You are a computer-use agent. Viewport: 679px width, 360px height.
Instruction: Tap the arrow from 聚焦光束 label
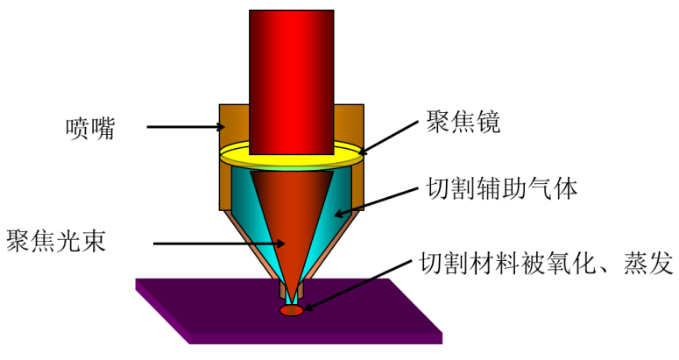219,243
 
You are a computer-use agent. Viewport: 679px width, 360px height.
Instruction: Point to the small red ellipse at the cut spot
291,309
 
